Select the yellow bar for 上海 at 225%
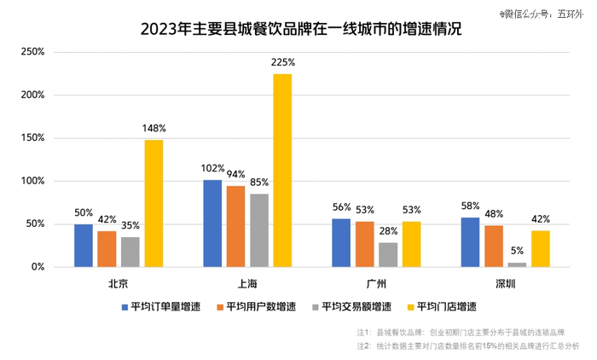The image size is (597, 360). pyautogui.click(x=282, y=171)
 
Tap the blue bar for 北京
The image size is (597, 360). pyautogui.click(x=84, y=246)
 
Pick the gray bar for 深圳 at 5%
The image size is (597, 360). pyautogui.click(x=517, y=264)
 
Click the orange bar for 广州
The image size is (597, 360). pyautogui.click(x=364, y=244)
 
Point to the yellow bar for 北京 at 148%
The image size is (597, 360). pyautogui.click(x=154, y=203)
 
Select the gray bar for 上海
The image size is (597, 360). pyautogui.click(x=259, y=230)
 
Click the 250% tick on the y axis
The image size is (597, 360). pyautogui.click(x=32, y=52)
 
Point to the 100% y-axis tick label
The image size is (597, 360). pyautogui.click(x=32, y=181)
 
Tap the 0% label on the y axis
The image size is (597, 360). pyautogui.click(x=38, y=267)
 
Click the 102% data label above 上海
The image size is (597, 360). pyautogui.click(x=212, y=169)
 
